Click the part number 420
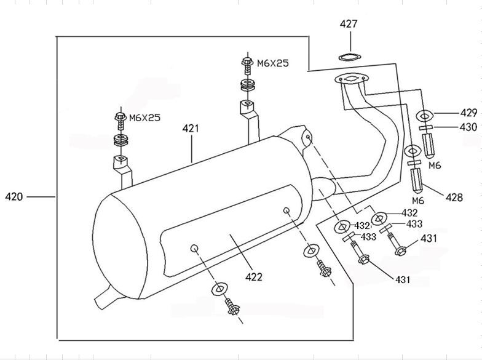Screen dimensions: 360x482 coord(14,197)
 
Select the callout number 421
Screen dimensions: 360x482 coord(191,129)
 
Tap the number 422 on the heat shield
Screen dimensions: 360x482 coord(253,277)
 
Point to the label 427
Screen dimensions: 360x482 coord(349,25)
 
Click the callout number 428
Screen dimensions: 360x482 coord(454,197)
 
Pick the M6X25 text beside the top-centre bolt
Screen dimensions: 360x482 coord(272,63)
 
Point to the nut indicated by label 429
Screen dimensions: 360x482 coord(425,114)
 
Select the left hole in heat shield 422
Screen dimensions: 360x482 coord(194,248)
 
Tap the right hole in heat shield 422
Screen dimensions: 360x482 coord(286,211)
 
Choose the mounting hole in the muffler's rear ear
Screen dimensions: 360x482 coord(306,139)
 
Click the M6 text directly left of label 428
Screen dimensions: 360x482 coord(418,201)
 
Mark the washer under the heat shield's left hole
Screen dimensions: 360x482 coord(219,289)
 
